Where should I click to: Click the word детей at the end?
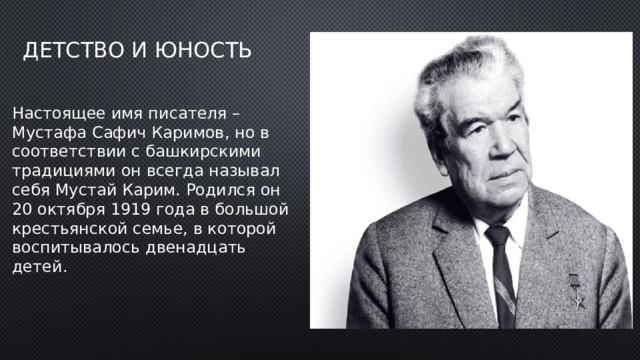pyautogui.click(x=37, y=267)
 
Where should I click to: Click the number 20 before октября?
pyautogui.click(x=23, y=210)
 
